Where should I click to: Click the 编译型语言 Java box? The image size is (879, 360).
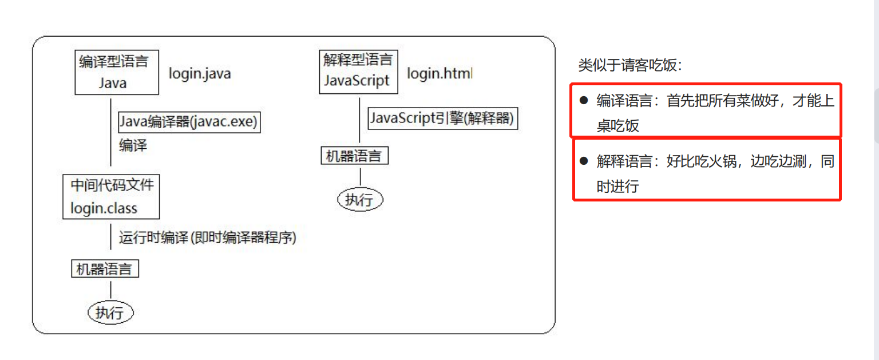[117, 72]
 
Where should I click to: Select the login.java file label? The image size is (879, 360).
[200, 74]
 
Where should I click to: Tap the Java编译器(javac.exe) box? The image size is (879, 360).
[189, 122]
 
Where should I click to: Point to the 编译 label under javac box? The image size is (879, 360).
[133, 145]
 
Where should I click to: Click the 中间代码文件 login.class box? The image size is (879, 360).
[111, 197]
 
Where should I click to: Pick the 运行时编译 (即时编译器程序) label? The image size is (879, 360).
[207, 238]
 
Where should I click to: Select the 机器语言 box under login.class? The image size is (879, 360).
[105, 269]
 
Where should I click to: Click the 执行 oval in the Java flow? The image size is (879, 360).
[110, 312]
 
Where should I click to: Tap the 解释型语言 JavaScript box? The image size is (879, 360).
[358, 72]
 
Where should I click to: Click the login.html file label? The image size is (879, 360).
[439, 74]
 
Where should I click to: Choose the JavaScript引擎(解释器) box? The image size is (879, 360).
[442, 118]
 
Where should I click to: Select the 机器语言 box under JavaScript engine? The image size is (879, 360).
[354, 156]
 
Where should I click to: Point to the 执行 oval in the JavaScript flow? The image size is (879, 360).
[359, 200]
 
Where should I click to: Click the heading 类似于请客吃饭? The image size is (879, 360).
[630, 65]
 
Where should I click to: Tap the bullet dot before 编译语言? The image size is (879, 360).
[584, 101]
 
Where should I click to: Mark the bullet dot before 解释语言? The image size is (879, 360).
[584, 161]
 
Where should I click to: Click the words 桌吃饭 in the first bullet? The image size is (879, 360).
[617, 126]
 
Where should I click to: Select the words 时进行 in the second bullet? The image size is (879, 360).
[617, 187]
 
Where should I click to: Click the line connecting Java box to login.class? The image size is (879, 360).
[110, 133]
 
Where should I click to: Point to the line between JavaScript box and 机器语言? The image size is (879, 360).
[359, 120]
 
